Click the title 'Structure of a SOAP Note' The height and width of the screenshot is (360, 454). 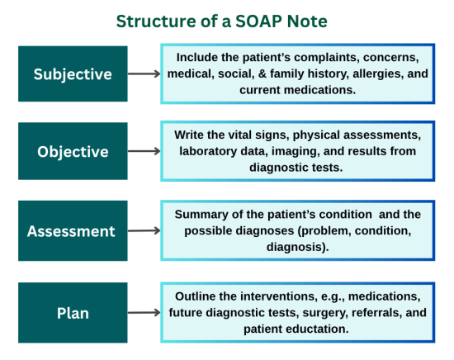pyautogui.click(x=226, y=19)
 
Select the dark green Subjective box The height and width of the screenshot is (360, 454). pyautogui.click(x=73, y=73)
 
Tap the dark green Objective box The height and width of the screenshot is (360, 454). pyautogui.click(x=73, y=151)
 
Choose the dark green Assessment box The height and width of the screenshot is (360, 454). pyautogui.click(x=73, y=230)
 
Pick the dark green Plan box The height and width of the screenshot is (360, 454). pyautogui.click(x=73, y=313)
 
